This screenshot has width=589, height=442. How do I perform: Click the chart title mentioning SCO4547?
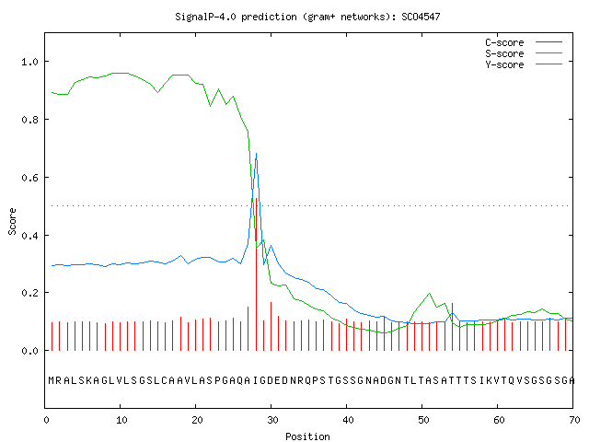click(307, 17)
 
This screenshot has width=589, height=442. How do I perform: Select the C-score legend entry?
click(524, 42)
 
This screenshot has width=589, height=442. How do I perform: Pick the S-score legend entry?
click(524, 53)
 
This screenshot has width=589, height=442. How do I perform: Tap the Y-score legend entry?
click(524, 64)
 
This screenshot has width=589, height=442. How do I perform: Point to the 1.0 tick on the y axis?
click(29, 62)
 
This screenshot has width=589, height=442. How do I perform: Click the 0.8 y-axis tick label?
click(29, 120)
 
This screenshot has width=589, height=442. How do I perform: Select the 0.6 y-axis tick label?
click(29, 178)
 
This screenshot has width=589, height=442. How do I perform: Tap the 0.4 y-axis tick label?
click(29, 236)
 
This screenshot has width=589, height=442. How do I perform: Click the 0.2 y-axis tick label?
click(29, 293)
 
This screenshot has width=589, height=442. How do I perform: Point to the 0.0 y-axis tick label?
click(29, 351)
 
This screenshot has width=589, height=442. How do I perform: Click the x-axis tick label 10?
click(121, 420)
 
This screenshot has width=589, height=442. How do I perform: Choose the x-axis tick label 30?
click(272, 420)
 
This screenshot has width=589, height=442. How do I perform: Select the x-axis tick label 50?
click(423, 420)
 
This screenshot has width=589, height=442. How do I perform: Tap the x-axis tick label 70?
click(574, 420)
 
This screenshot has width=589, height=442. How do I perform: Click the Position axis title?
click(307, 436)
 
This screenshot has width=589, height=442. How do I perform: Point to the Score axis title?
click(12, 221)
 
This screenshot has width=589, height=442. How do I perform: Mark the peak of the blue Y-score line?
click(256, 153)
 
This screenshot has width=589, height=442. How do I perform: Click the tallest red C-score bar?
click(256, 274)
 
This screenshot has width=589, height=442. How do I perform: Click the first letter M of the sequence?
click(52, 380)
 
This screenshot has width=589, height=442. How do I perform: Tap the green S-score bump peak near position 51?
click(430, 293)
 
